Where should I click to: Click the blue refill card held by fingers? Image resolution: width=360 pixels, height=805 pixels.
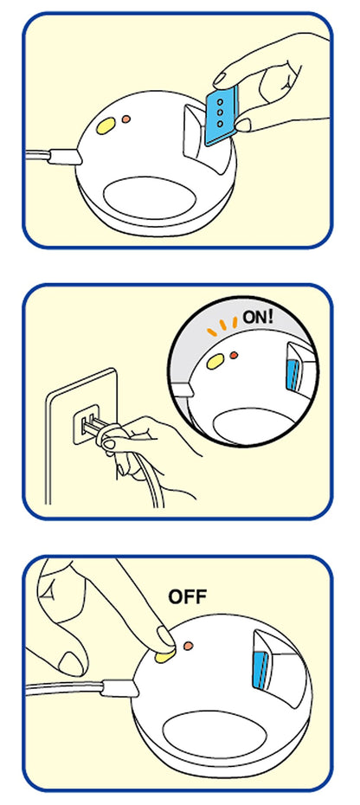pos(222,115)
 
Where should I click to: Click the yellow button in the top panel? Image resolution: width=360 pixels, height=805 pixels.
pos(106,126)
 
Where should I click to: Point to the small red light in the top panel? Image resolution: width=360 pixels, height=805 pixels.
pos(125,119)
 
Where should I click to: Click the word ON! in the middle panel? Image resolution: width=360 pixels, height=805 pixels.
pos(259,316)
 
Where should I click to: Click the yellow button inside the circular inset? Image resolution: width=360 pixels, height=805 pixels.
pos(215,363)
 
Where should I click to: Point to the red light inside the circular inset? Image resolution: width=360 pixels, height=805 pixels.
pos(234,355)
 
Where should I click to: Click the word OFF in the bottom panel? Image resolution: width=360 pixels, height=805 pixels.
pos(188,596)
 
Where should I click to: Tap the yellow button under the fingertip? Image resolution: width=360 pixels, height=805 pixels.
pos(164,655)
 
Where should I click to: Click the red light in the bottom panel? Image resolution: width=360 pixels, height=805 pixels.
pos(189,646)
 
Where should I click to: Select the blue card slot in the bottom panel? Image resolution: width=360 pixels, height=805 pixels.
pos(261,669)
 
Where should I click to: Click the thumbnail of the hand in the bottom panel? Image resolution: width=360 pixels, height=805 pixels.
pos(71,663)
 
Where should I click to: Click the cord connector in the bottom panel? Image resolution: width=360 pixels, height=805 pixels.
pos(119,688)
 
